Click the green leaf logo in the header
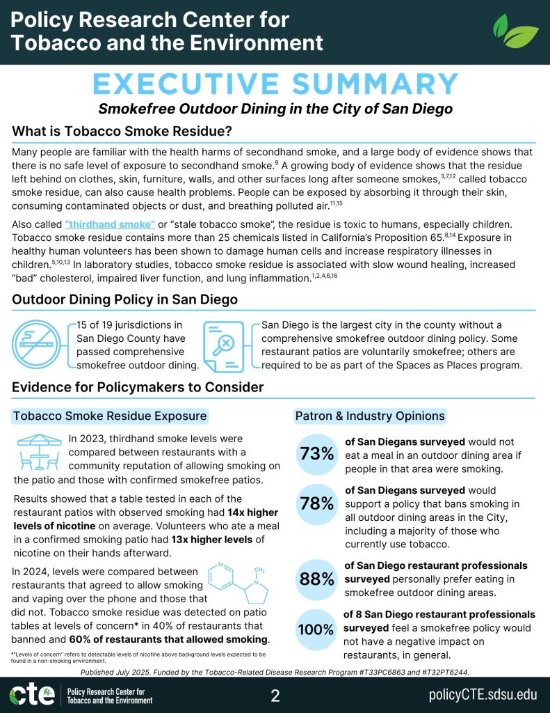point(515,32)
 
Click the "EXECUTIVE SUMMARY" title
point(275,84)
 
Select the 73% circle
point(317,454)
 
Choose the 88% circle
point(317,579)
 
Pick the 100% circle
point(317,630)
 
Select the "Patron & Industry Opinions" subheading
point(370,416)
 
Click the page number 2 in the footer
point(275,695)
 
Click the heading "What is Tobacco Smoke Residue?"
point(122,132)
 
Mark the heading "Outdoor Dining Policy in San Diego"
point(125,300)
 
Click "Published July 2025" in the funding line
point(122,671)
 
